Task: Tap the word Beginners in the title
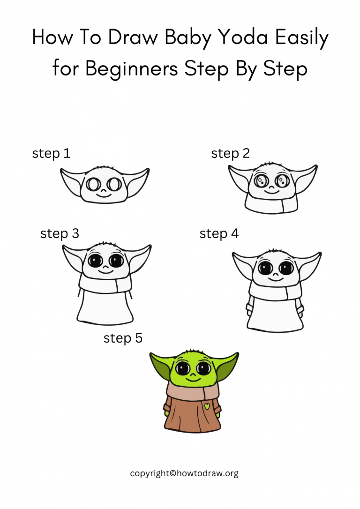click(x=132, y=68)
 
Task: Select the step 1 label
click(x=51, y=153)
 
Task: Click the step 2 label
click(x=230, y=153)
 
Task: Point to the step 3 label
click(x=60, y=233)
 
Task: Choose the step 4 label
click(x=219, y=233)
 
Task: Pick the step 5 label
click(x=123, y=338)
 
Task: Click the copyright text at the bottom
click(x=184, y=473)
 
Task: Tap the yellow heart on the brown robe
click(x=207, y=406)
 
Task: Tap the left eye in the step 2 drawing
click(x=260, y=180)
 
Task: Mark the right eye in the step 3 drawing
click(x=116, y=261)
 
